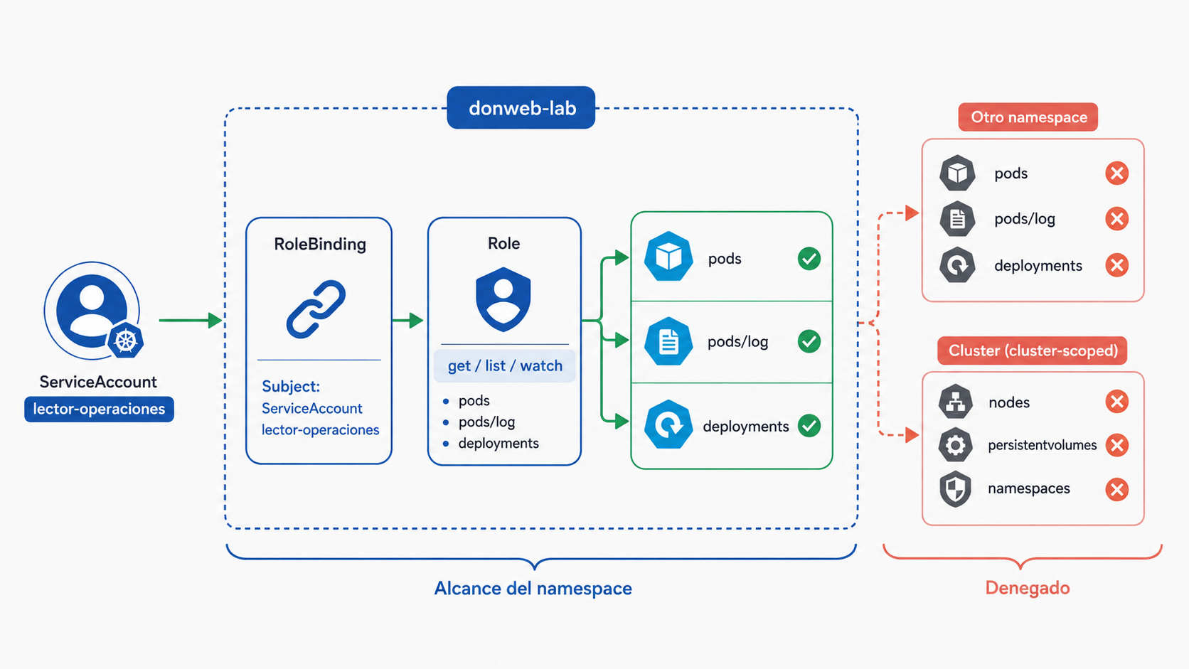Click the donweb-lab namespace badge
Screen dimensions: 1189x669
pyautogui.click(x=521, y=107)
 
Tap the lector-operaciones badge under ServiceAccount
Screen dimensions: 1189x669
pyautogui.click(x=100, y=409)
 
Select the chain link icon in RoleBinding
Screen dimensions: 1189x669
pyautogui.click(x=316, y=309)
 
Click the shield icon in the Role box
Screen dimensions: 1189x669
pyautogui.click(x=503, y=300)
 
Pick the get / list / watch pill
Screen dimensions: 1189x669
pyautogui.click(x=505, y=365)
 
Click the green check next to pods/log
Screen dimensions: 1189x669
pyautogui.click(x=809, y=341)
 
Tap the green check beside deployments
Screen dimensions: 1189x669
pyautogui.click(x=809, y=425)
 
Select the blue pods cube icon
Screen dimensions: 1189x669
pyautogui.click(x=668, y=257)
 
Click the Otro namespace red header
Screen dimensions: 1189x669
pyautogui.click(x=1028, y=117)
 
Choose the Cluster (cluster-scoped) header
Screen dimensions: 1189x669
pyautogui.click(x=1033, y=350)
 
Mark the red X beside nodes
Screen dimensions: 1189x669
pyautogui.click(x=1116, y=402)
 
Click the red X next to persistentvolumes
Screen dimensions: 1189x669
pyautogui.click(x=1116, y=445)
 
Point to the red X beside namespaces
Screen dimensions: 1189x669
pyautogui.click(x=1116, y=489)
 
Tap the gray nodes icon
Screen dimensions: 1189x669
pyautogui.click(x=956, y=402)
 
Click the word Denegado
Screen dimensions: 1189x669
pyautogui.click(x=1028, y=588)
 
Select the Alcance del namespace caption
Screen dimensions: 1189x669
pyautogui.click(x=533, y=589)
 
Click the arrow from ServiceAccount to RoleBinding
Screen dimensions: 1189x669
pyautogui.click(x=191, y=320)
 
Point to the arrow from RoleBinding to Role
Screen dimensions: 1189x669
pyautogui.click(x=407, y=320)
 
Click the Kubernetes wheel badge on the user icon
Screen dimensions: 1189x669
pyautogui.click(x=126, y=341)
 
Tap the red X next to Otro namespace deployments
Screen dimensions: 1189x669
pyautogui.click(x=1116, y=264)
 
